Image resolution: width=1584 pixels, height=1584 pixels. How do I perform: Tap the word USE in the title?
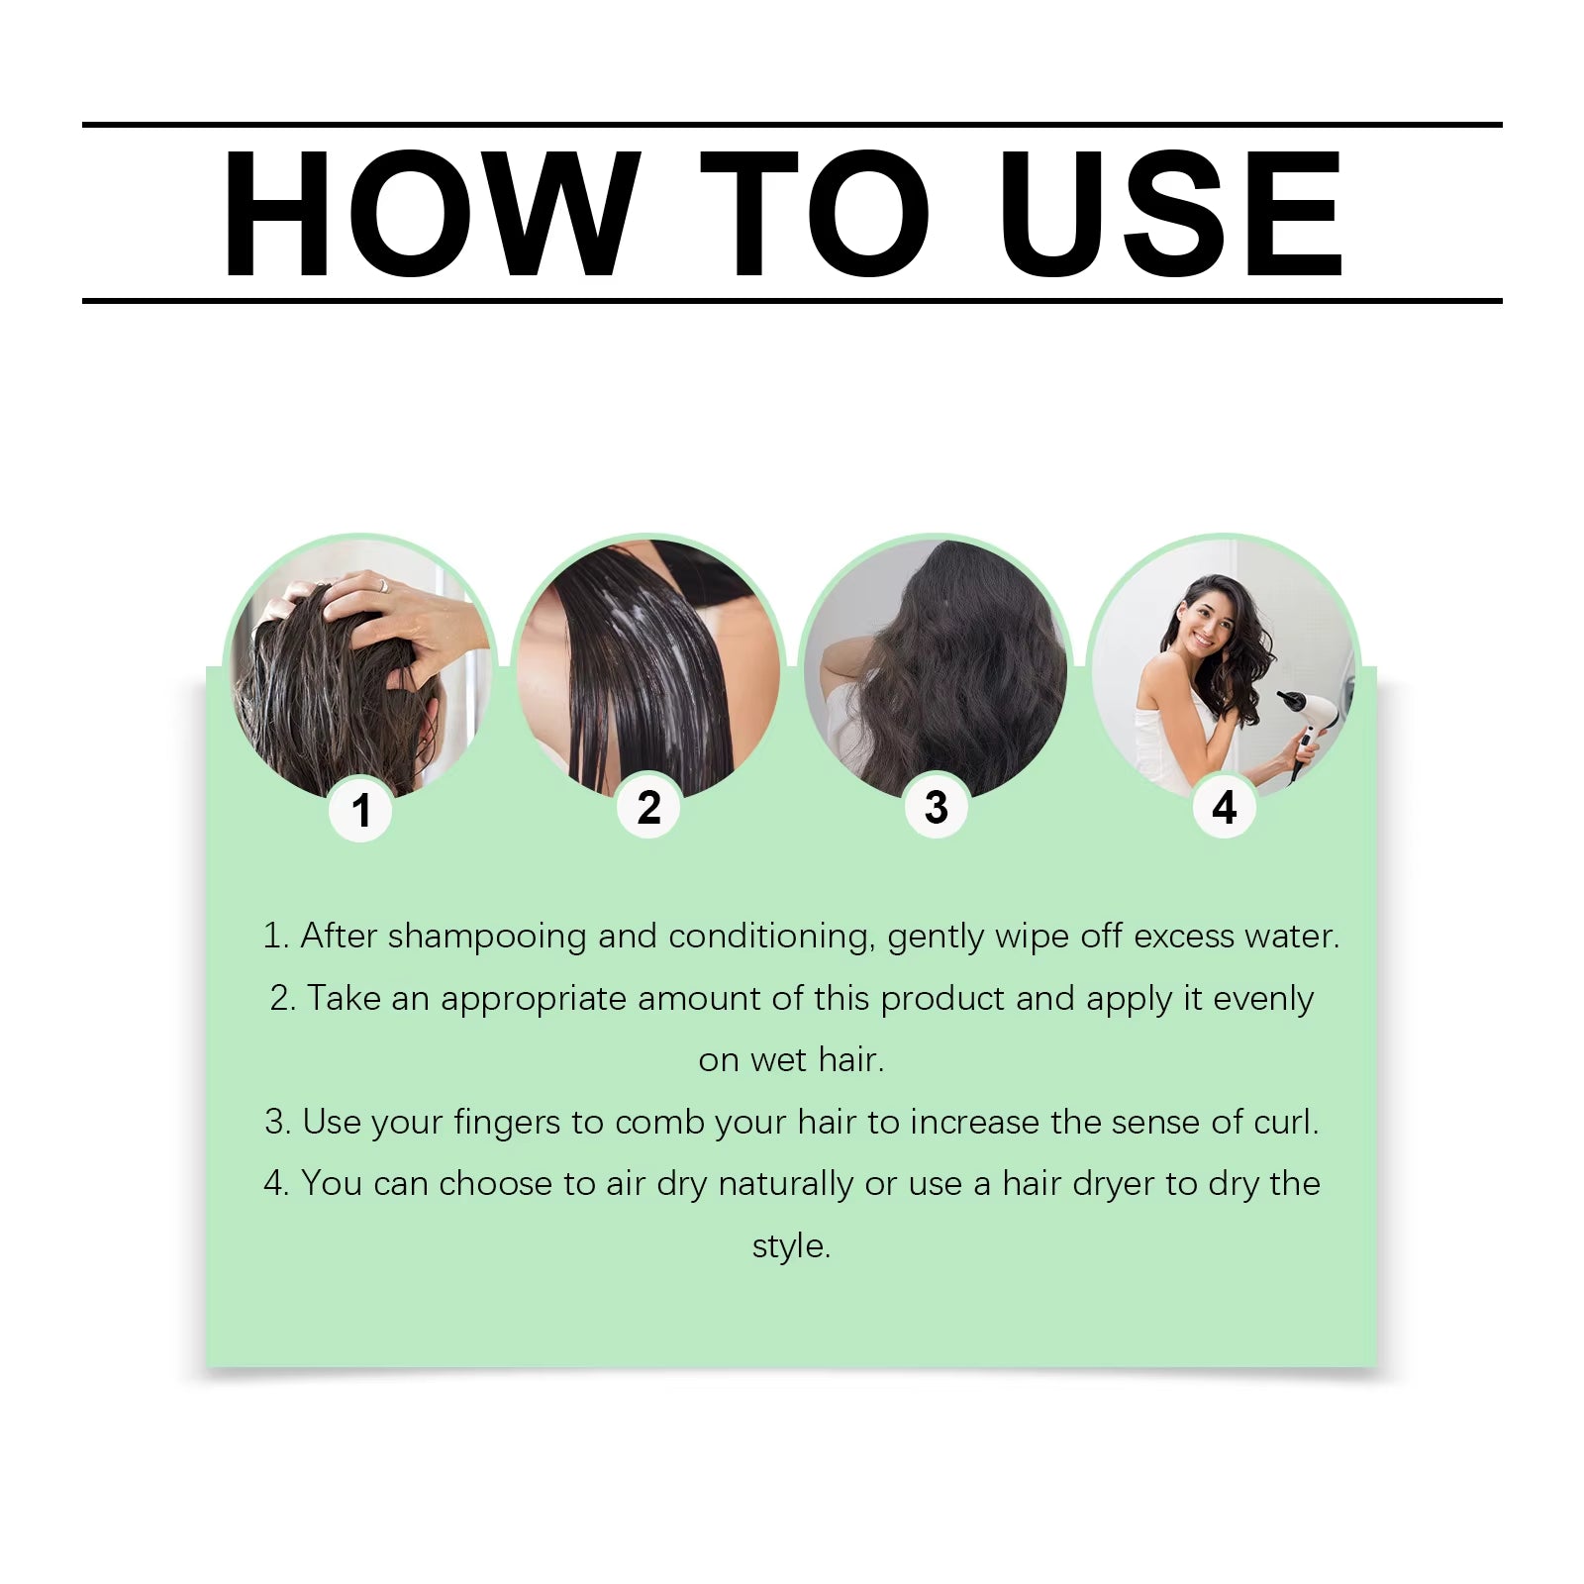1170,213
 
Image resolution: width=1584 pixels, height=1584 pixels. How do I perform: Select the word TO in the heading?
814,213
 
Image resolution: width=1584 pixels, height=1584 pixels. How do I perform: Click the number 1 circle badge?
360,810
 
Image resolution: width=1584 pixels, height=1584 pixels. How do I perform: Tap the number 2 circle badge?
648,807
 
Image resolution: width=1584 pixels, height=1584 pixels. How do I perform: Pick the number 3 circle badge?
937,807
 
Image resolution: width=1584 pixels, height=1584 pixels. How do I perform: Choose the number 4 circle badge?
1224,807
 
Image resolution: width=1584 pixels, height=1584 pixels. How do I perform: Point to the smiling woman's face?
1210,624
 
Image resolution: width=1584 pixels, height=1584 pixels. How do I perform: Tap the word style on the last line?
789,1245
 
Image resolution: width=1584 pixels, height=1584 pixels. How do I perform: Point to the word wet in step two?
778,1060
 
